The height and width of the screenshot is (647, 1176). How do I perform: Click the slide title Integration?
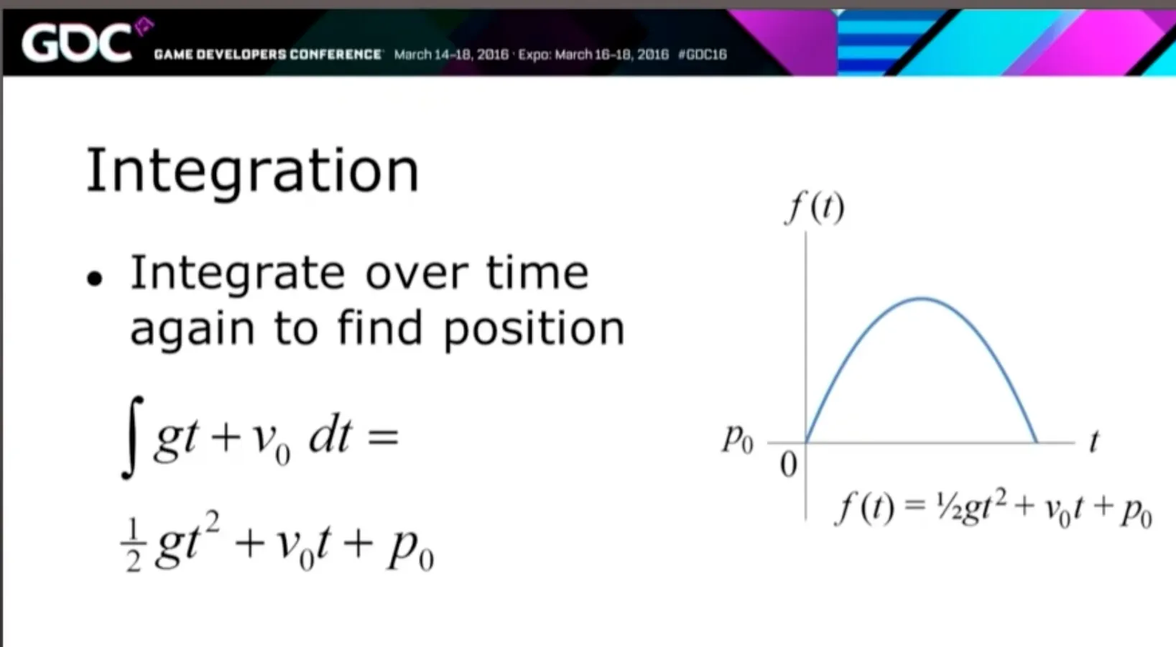pos(253,170)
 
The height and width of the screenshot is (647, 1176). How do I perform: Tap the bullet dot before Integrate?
pos(95,278)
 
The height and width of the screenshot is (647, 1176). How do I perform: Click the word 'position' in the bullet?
pos(534,330)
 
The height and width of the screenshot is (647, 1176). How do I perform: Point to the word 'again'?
pos(192,330)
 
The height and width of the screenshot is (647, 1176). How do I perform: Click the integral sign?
pos(132,437)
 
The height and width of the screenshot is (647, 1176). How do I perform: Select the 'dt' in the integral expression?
pos(330,436)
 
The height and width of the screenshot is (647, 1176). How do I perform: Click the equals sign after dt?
pos(383,437)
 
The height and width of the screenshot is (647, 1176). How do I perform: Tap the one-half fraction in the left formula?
pos(134,545)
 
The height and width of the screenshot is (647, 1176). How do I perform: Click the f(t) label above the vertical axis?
pos(815,208)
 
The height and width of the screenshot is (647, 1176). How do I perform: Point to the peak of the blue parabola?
pos(922,299)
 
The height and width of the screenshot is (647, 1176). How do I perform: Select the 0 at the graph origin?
pos(789,465)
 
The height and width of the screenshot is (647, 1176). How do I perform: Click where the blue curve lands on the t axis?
pos(1037,442)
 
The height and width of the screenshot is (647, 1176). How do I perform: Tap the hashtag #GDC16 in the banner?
pos(703,55)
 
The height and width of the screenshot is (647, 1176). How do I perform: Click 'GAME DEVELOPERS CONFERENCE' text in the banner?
pos(268,55)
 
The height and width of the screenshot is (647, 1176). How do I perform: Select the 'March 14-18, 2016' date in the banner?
pos(451,55)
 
